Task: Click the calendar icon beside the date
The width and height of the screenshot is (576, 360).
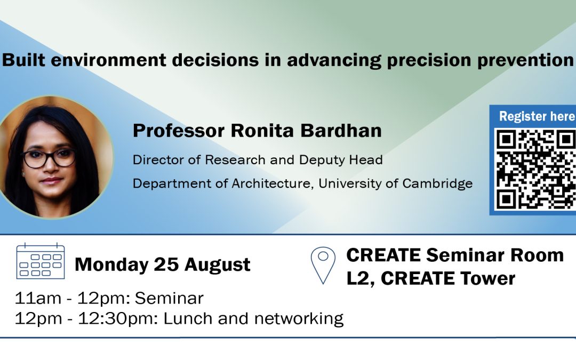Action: pyautogui.click(x=41, y=261)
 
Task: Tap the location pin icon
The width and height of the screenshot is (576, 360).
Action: pyautogui.click(x=323, y=265)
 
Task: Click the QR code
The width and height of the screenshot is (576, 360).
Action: pyautogui.click(x=535, y=169)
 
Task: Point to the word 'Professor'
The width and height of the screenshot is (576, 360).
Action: pyautogui.click(x=179, y=131)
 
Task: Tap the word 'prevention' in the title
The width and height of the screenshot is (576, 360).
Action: pyautogui.click(x=525, y=60)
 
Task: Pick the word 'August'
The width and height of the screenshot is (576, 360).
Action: pyautogui.click(x=217, y=265)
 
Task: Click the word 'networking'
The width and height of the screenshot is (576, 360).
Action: pyautogui.click(x=299, y=319)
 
